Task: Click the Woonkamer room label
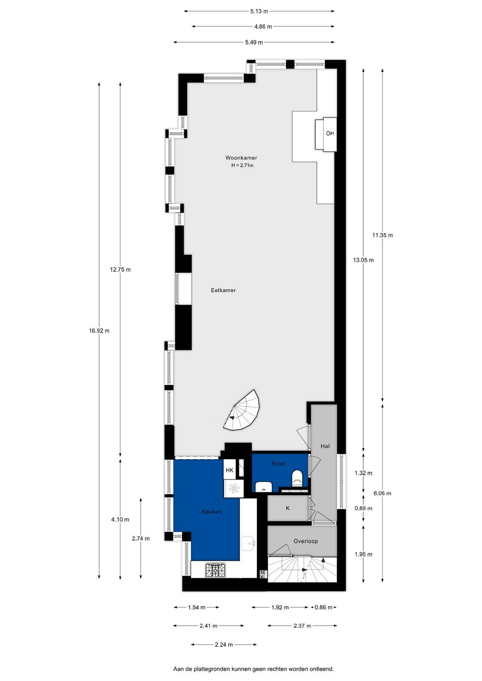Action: tap(241, 158)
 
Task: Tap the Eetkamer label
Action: tap(223, 290)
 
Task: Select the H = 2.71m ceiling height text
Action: tap(242, 166)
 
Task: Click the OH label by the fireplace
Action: tap(330, 134)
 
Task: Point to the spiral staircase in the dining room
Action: tap(242, 411)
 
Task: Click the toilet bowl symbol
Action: tap(297, 478)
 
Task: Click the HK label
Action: tap(230, 470)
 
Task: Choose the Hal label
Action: tap(325, 446)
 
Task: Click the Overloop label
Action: tap(306, 541)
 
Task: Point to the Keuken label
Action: tap(212, 512)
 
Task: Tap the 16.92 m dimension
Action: tap(99, 331)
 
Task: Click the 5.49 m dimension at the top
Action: tap(254, 43)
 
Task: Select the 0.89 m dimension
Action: tap(363, 508)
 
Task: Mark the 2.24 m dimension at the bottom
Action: tap(224, 644)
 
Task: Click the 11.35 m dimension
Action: tap(382, 235)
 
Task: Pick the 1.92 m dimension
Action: tap(280, 607)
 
